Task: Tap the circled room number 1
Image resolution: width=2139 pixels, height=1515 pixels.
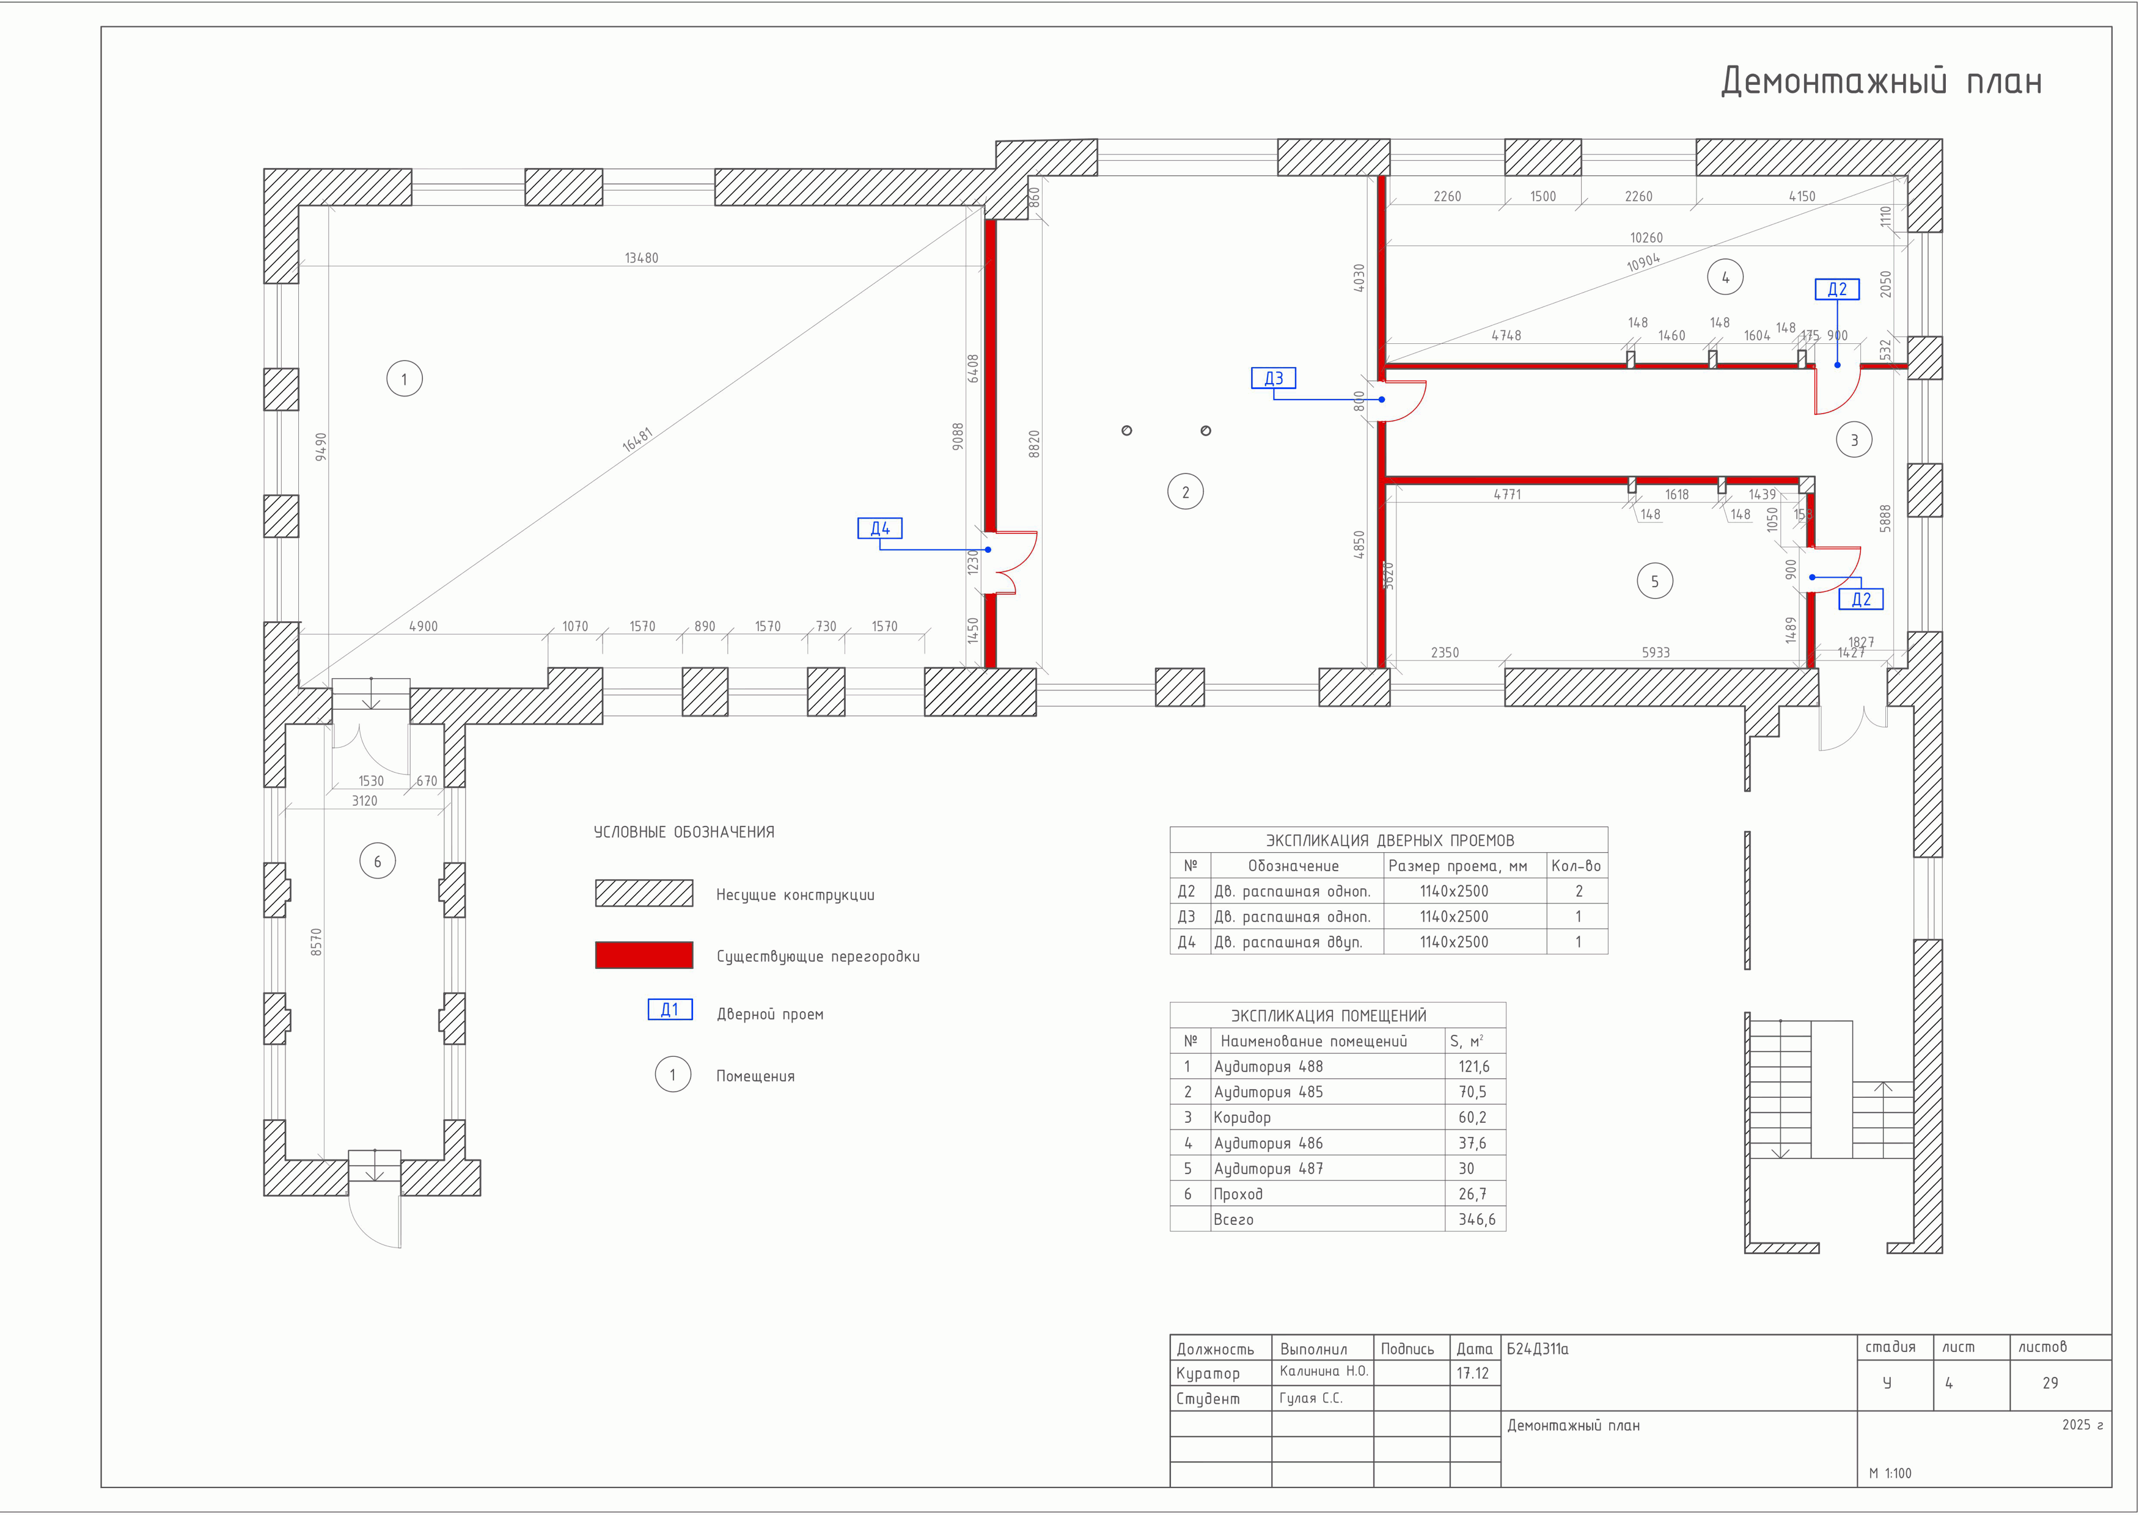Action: click(404, 379)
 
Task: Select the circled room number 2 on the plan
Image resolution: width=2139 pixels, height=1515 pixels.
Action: click(1185, 492)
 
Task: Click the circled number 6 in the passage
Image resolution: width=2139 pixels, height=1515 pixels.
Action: click(377, 861)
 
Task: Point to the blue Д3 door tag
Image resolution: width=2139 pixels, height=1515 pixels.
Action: click(1274, 378)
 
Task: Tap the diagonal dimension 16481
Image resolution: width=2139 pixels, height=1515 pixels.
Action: click(637, 439)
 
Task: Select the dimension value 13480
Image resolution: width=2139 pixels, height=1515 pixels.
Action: click(641, 257)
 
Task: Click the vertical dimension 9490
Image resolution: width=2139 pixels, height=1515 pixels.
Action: click(321, 446)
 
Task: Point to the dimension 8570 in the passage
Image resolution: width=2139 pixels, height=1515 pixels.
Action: click(317, 941)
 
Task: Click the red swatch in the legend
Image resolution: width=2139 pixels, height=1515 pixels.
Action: click(644, 955)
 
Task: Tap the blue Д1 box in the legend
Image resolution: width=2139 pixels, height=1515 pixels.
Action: click(670, 1009)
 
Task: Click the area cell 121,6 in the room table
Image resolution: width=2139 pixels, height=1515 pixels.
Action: click(1475, 1066)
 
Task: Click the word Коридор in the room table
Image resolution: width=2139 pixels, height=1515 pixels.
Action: click(1241, 1117)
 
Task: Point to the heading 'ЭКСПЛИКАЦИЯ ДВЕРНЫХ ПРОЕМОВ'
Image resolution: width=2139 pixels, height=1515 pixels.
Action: click(1390, 839)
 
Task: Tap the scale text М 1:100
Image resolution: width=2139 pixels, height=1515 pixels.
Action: click(1890, 1473)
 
